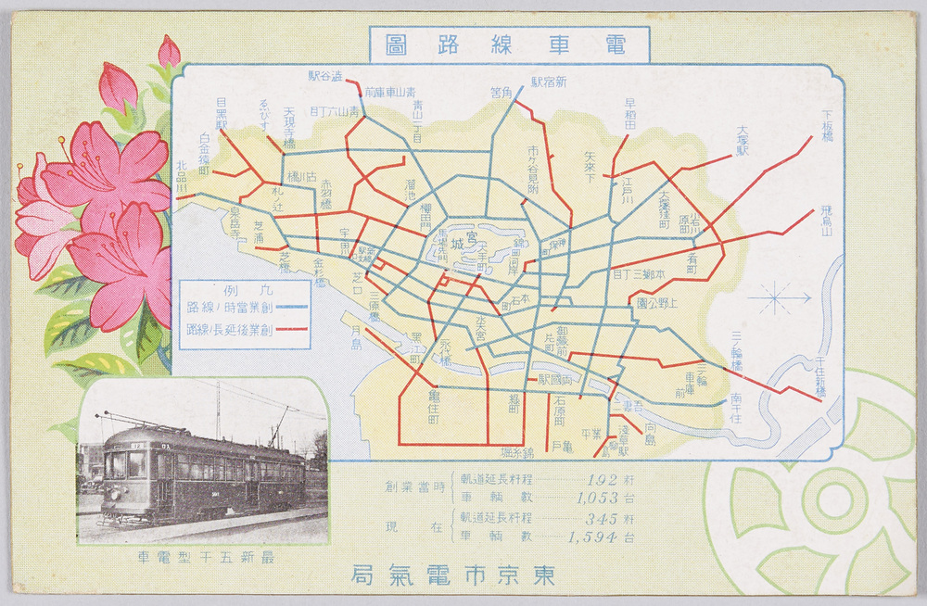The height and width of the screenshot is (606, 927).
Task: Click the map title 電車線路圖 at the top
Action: point(509,43)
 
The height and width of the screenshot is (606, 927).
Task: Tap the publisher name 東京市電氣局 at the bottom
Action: point(453,574)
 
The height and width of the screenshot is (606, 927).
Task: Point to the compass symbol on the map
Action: point(776,298)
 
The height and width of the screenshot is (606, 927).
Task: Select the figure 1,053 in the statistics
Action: point(594,498)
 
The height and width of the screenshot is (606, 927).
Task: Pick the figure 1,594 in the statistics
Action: point(594,537)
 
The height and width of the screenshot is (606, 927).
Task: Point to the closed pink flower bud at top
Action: point(169,51)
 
